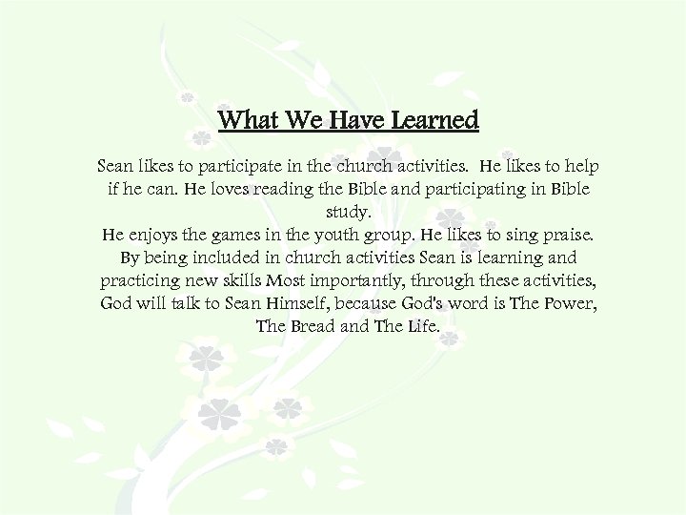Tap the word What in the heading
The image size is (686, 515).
pos(248,121)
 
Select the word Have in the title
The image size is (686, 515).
pos(353,121)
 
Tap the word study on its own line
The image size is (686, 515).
pos(343,213)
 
